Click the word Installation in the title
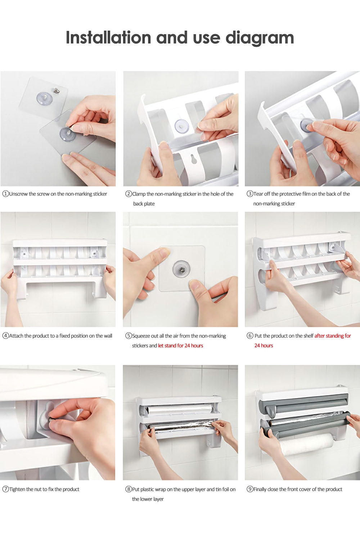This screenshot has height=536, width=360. [x=108, y=37]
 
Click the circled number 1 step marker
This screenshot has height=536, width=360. [x=5, y=194]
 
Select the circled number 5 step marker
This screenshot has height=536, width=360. [x=129, y=336]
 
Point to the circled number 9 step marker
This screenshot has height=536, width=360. [x=250, y=489]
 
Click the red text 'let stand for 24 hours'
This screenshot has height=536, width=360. [x=181, y=345]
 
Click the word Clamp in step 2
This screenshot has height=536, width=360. [x=139, y=194]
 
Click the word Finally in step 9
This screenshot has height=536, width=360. [x=260, y=489]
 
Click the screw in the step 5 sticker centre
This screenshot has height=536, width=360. [x=181, y=269]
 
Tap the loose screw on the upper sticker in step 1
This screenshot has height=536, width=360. [x=57, y=91]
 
